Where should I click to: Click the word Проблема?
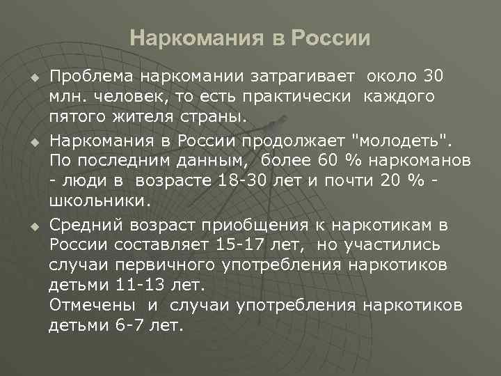coord(90,75)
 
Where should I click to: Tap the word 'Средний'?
coord(85,226)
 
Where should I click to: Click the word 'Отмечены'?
coord(92,306)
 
